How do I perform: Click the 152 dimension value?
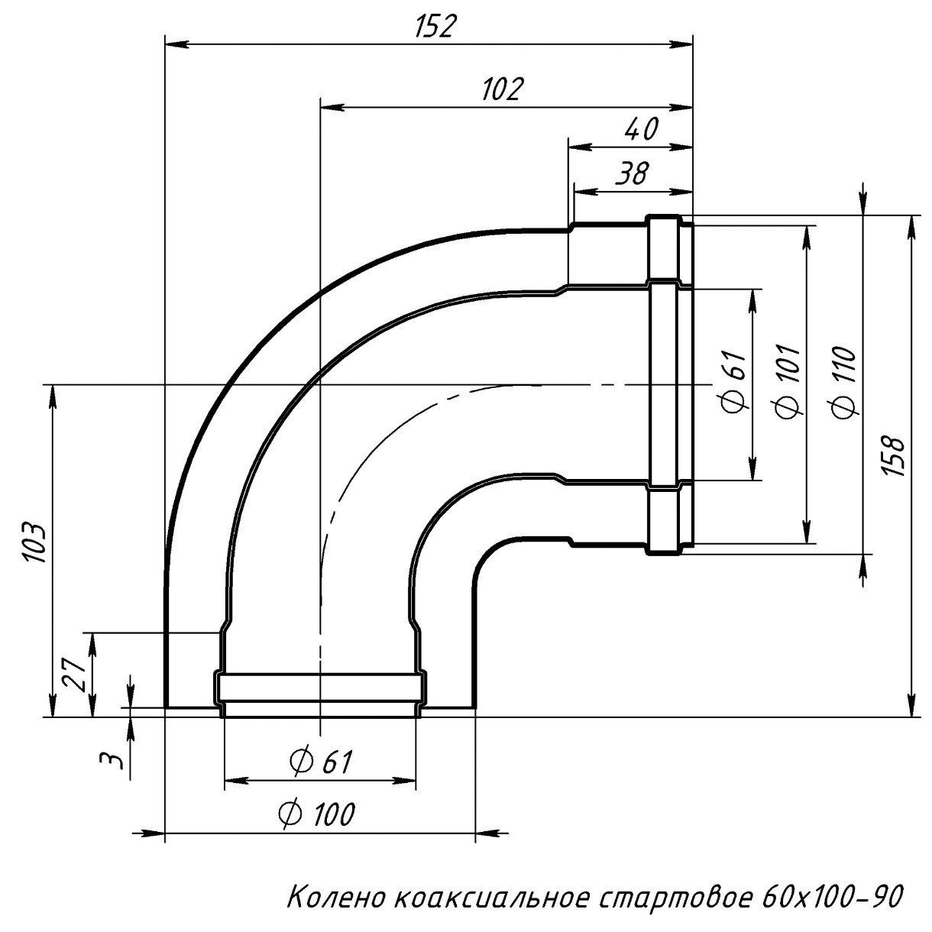pos(435,27)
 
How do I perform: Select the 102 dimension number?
pos(502,89)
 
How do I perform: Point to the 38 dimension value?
pos(631,174)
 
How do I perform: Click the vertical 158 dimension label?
pos(893,457)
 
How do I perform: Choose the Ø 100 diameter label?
pos(316,814)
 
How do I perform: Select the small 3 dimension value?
pos(112,760)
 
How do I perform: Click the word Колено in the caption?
pos(334,896)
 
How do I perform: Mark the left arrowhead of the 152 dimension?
pos(175,44)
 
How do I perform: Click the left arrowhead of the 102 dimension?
pos(330,107)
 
